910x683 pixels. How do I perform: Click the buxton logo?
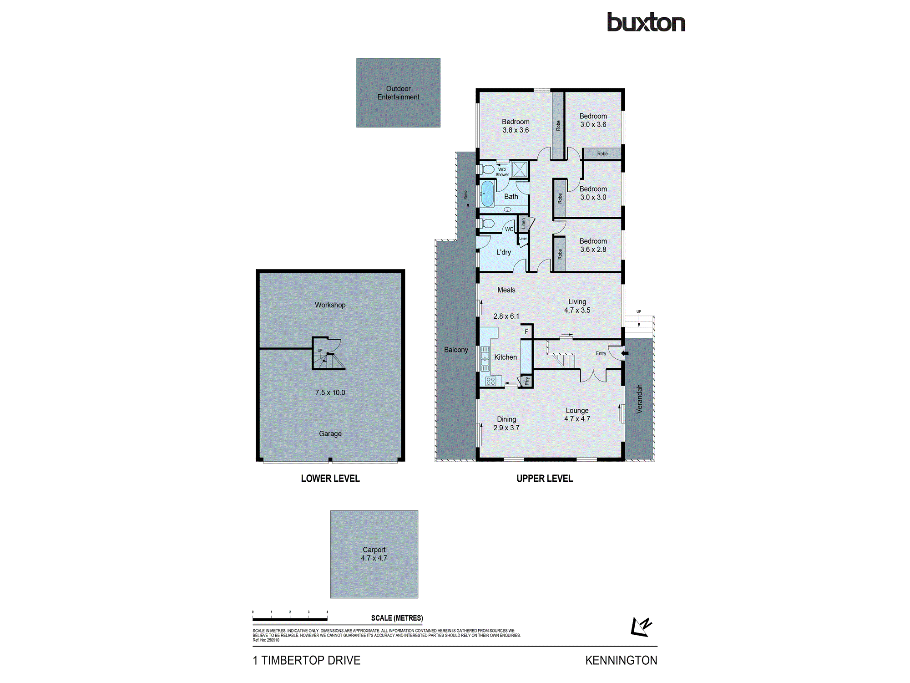pos(646,23)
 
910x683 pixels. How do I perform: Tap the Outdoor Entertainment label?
pos(398,93)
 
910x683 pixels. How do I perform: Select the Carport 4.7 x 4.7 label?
pos(374,554)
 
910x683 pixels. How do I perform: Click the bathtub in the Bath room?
pos(487,194)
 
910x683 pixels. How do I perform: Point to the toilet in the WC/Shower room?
pos(488,170)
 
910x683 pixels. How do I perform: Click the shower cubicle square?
pos(519,169)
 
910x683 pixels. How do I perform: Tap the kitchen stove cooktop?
pos(490,382)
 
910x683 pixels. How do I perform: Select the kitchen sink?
pos(485,358)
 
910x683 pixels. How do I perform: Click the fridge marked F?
pos(526,331)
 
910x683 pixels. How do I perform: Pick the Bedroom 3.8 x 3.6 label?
pos(516,126)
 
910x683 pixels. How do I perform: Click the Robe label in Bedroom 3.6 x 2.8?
pos(560,254)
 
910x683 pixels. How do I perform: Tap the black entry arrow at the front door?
pos(625,353)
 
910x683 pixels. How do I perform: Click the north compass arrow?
pos(642,627)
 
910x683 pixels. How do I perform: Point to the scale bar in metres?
pos(290,619)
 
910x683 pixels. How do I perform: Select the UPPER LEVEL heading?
pos(545,479)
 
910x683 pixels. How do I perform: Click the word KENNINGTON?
pos(621,660)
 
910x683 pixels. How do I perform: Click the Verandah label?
pos(639,399)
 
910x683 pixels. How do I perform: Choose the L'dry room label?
pos(503,252)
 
